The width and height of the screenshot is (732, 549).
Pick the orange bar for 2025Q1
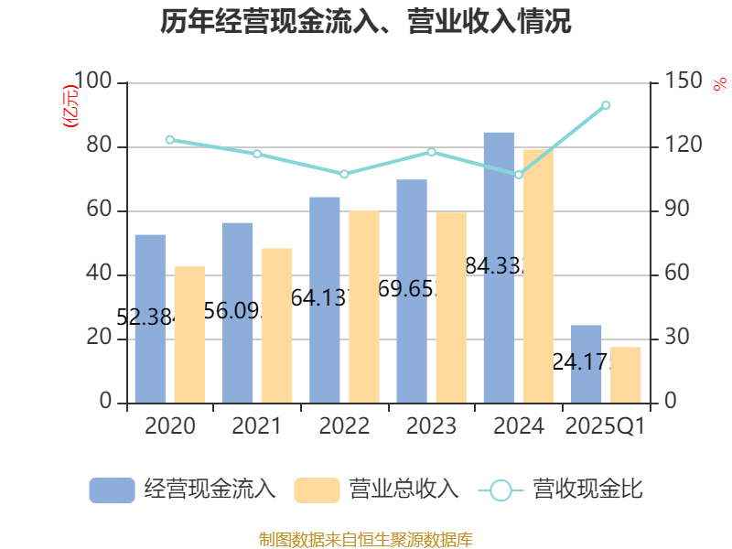[626, 374]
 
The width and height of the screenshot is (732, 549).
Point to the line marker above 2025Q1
[606, 105]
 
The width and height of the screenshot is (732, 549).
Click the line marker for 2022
[344, 174]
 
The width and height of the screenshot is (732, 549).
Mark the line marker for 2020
[169, 140]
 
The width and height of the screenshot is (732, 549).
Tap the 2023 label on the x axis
[431, 426]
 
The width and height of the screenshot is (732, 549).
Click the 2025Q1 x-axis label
[606, 426]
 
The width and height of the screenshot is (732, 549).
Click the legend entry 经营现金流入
[183, 490]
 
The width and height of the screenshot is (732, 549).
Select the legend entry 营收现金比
[562, 490]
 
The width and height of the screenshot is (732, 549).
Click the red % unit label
[719, 84]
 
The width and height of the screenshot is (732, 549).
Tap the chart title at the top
[366, 22]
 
